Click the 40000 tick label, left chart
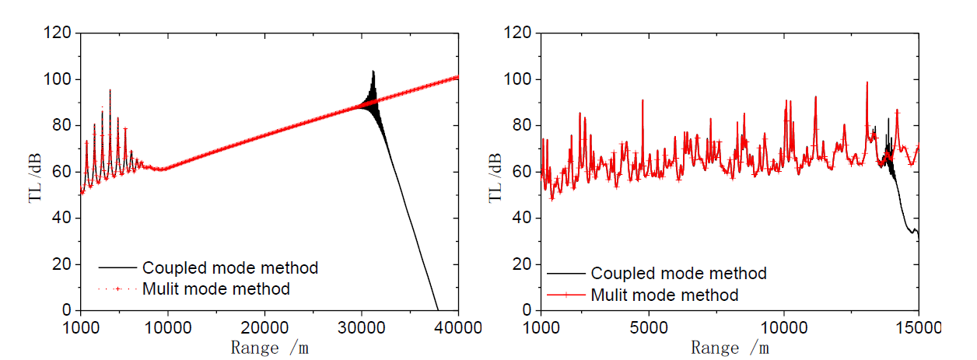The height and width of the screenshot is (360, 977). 457,325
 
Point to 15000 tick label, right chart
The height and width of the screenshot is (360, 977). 918,325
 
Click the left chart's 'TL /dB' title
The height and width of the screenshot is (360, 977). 35,173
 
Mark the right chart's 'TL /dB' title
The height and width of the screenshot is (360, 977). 494,173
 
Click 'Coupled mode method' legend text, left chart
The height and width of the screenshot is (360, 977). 230,268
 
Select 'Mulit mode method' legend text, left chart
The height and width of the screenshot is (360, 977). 216,289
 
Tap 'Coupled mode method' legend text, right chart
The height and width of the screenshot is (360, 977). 679,274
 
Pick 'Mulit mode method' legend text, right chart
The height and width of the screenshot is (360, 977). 665,295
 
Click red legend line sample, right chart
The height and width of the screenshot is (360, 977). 566,295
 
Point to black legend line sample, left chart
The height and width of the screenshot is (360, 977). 117,268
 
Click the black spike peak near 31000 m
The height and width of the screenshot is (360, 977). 373,72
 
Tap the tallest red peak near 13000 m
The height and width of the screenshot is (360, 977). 867,82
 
